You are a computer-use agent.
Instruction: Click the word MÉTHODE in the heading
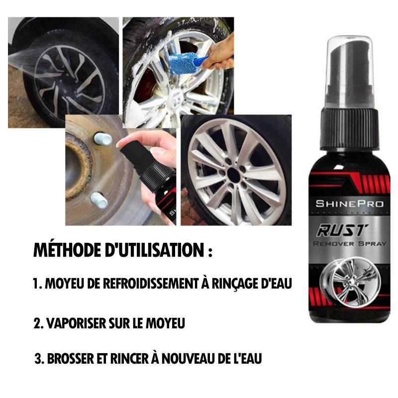[x=67, y=250]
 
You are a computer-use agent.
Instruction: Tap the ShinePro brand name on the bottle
[x=349, y=203]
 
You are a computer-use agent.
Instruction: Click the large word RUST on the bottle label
[x=342, y=230]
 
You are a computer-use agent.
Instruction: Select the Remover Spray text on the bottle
[x=349, y=244]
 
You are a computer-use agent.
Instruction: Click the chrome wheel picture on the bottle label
[x=350, y=282]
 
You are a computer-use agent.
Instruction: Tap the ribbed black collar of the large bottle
[x=350, y=129]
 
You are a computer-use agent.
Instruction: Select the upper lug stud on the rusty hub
[x=102, y=139]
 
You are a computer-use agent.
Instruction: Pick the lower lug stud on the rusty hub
[x=99, y=200]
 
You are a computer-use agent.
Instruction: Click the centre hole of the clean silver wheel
[x=234, y=175]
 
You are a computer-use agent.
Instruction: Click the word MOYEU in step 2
[x=165, y=323]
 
